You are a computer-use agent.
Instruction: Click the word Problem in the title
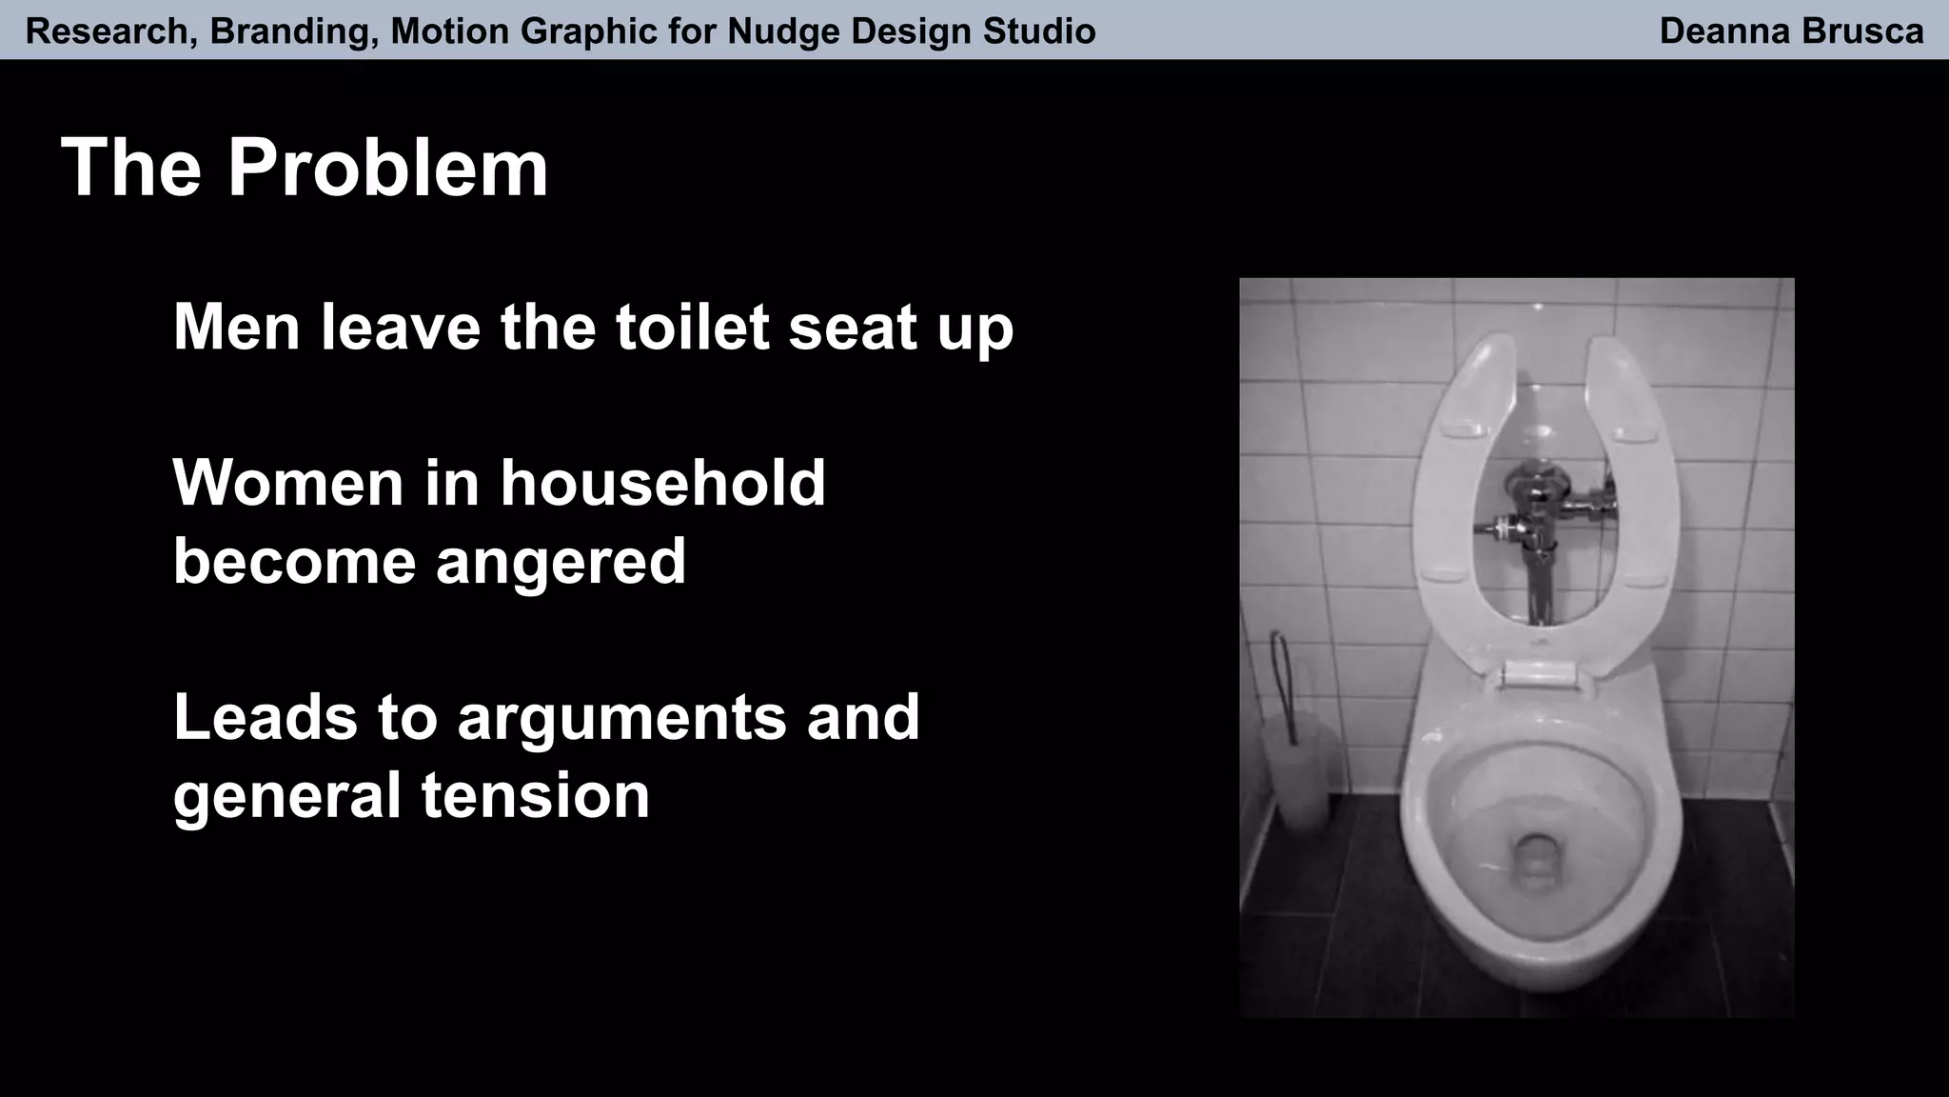387,168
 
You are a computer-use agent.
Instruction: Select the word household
662,484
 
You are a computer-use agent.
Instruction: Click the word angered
561,562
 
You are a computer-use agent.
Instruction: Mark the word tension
535,796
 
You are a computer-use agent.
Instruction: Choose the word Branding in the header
284,31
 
